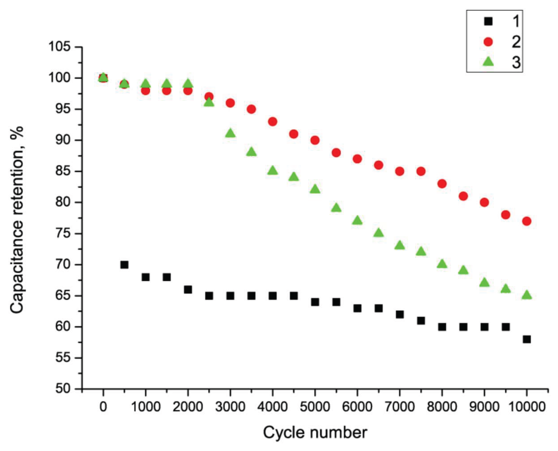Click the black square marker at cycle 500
coord(124,265)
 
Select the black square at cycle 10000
coord(527,339)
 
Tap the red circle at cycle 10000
coord(527,221)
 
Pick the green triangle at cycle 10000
coord(527,295)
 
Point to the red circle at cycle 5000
coord(315,140)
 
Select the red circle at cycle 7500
coord(421,171)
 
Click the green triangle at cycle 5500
coord(336,208)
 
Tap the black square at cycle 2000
coord(188,290)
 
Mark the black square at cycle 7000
coord(400,315)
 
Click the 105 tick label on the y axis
coord(59,47)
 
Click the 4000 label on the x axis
coord(273,407)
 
